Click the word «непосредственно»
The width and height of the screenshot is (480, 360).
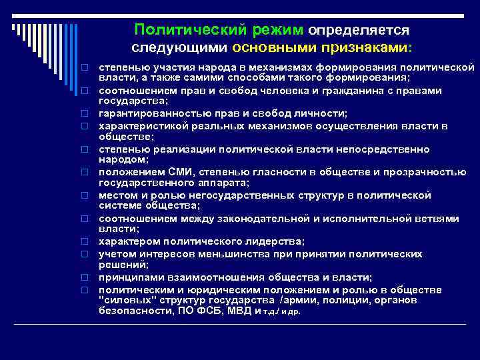[x=383, y=149]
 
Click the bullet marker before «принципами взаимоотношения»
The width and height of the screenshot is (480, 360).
[x=86, y=277]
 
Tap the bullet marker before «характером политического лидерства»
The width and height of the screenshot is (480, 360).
[x=86, y=241]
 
